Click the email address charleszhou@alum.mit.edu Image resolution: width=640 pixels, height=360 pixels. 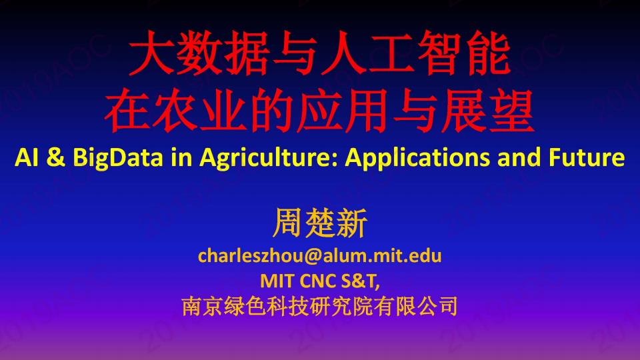pos(320,256)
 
